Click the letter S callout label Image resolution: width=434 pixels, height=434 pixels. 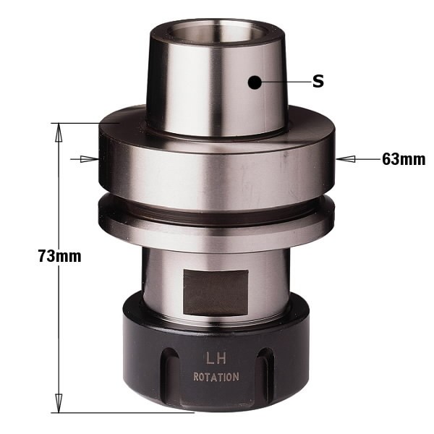coord(318,82)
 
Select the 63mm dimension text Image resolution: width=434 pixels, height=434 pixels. coord(403,159)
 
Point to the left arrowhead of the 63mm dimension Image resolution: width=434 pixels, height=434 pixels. coord(93,158)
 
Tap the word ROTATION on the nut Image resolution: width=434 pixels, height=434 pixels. coord(216,377)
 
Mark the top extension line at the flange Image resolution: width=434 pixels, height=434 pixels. coord(80,123)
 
